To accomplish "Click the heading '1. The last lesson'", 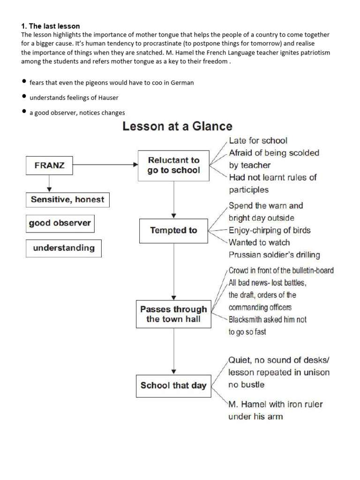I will point(51,26).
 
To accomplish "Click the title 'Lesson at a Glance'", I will point(177,126).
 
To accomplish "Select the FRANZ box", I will point(49,165).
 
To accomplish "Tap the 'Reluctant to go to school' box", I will point(173,165).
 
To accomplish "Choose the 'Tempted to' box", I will point(173,230).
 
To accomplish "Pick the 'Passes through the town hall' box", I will point(173,314).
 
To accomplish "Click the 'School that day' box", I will point(173,386).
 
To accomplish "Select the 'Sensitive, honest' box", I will point(67,199).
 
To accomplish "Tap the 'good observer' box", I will point(60,223).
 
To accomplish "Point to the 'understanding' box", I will point(63,248).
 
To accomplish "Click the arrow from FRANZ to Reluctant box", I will point(105,165).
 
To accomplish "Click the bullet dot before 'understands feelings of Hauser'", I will point(24,97).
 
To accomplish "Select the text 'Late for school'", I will point(258,141).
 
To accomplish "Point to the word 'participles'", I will point(248,190).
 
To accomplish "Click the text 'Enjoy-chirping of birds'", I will point(269,230).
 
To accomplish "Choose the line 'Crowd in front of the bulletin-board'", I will point(281,270).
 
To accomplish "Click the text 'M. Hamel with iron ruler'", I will point(275,404).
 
